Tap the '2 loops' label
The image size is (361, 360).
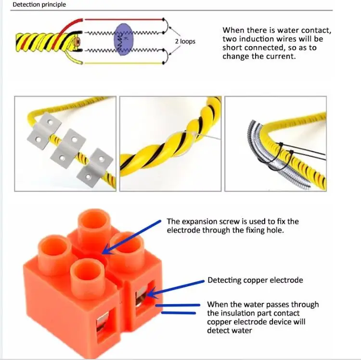[x=185, y=41]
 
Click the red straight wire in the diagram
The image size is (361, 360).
[x=125, y=20]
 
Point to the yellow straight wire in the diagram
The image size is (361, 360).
[x=125, y=63]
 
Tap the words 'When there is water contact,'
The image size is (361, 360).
[x=277, y=30]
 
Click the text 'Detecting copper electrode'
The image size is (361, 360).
[x=255, y=280]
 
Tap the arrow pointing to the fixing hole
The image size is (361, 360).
[x=132, y=236]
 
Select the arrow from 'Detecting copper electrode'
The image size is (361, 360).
[x=176, y=287]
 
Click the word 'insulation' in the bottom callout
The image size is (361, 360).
[x=237, y=313]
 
